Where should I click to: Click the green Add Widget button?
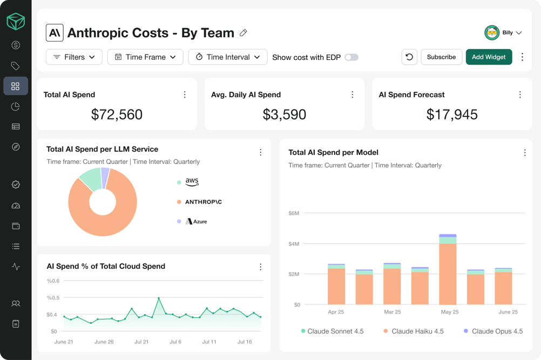click(x=489, y=57)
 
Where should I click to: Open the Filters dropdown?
click(x=74, y=57)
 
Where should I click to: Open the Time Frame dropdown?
click(x=145, y=57)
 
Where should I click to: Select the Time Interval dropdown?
click(x=227, y=57)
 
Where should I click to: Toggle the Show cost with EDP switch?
click(x=351, y=57)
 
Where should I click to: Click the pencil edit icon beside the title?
click(x=244, y=33)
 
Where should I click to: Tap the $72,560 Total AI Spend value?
click(x=117, y=114)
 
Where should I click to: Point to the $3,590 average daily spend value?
click(x=284, y=114)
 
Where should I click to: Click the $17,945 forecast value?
click(x=452, y=114)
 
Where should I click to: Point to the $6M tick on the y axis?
click(x=294, y=213)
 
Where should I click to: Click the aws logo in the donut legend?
click(x=192, y=182)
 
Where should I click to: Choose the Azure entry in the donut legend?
click(x=197, y=221)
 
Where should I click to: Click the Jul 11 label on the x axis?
click(x=209, y=342)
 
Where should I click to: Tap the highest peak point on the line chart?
click(x=159, y=298)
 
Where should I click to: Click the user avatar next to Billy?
click(x=491, y=33)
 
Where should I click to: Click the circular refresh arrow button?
click(x=409, y=57)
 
